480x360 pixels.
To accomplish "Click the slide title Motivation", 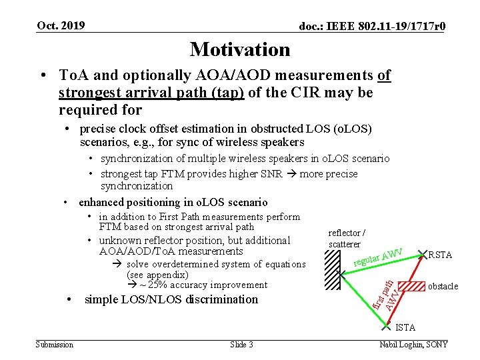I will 240,49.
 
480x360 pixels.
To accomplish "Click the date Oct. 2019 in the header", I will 61,25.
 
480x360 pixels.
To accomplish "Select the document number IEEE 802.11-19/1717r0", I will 372,27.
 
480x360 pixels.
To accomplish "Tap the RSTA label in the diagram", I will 439,255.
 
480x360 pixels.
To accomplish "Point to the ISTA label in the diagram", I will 405,327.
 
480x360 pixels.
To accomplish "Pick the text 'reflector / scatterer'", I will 347,239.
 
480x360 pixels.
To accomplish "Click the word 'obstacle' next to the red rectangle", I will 443,286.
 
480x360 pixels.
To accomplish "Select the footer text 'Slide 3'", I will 241,344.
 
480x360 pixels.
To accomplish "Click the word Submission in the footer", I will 55,344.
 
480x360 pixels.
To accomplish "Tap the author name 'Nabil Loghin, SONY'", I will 413,344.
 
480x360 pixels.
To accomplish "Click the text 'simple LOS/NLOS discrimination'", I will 171,299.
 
